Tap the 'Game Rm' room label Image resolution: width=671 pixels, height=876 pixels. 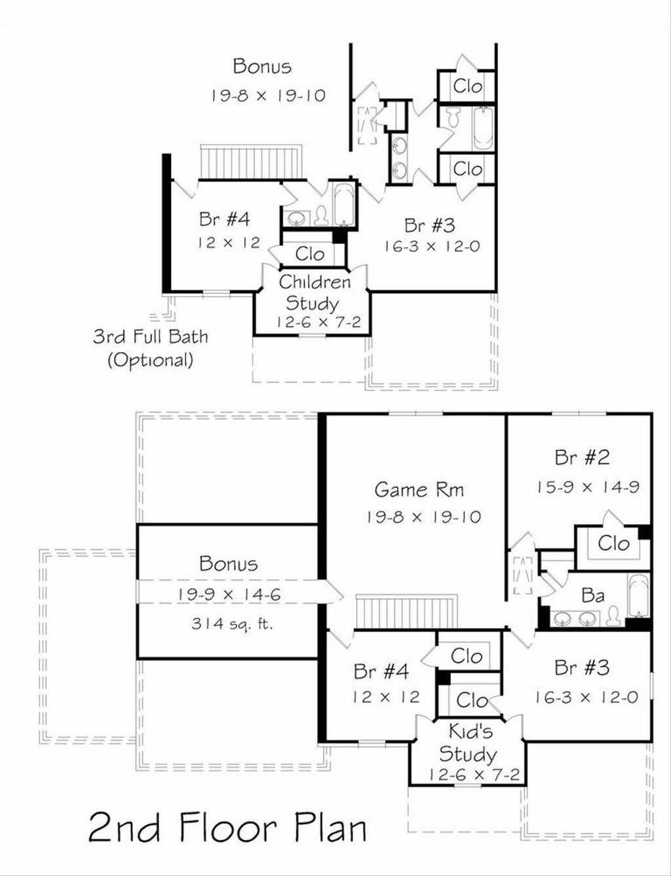[419, 489]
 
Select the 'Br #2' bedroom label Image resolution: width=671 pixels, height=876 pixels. [582, 457]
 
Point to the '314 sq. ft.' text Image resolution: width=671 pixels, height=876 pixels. [232, 624]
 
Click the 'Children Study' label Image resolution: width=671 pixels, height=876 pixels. [314, 292]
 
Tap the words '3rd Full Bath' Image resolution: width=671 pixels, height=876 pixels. [150, 336]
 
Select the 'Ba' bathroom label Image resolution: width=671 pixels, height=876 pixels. [592, 595]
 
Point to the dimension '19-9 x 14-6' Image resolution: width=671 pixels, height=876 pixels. [229, 594]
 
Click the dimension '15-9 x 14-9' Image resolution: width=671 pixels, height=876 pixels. [587, 487]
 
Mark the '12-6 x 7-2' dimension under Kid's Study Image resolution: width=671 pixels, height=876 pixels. [474, 774]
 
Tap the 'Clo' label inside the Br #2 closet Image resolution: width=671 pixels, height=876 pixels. [613, 543]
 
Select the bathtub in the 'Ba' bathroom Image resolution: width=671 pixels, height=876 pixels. [638, 595]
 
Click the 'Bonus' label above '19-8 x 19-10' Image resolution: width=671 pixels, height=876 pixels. [262, 66]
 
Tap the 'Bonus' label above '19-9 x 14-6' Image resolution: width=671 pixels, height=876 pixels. [229, 564]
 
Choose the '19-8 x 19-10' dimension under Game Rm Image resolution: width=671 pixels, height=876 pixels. [423, 517]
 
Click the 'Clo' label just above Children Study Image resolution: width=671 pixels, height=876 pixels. [310, 254]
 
